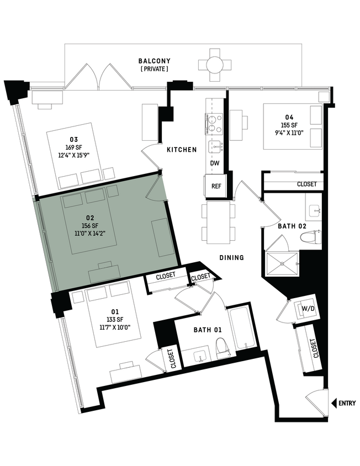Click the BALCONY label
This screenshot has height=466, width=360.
(154, 61)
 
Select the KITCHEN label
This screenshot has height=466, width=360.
(182, 150)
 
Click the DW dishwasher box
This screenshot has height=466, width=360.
(216, 164)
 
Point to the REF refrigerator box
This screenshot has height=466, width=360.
(216, 186)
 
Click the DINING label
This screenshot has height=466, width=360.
(231, 257)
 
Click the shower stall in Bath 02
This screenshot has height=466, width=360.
(282, 264)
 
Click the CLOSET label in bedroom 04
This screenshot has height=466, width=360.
(307, 184)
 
